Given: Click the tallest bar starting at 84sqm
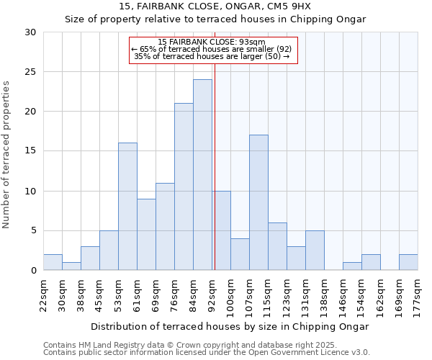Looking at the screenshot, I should click(202, 175).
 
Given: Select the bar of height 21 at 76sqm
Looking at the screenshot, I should click(184, 186).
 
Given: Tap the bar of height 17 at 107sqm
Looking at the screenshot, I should click(258, 202).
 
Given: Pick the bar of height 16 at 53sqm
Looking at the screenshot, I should click(127, 207).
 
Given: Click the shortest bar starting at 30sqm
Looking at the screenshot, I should click(71, 266).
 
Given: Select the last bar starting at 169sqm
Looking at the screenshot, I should click(408, 262).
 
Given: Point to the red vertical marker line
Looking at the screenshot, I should click(215, 180).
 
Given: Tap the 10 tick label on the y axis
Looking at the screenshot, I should click(30, 192).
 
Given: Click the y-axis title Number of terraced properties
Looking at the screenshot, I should click(7, 155).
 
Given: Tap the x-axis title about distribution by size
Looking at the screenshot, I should click(230, 327).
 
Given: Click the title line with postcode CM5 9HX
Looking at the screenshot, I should click(215, 6).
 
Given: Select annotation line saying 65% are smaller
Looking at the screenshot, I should click(212, 49).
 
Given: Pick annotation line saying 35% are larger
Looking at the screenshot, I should click(212, 56).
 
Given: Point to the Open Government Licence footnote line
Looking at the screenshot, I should click(207, 352).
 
